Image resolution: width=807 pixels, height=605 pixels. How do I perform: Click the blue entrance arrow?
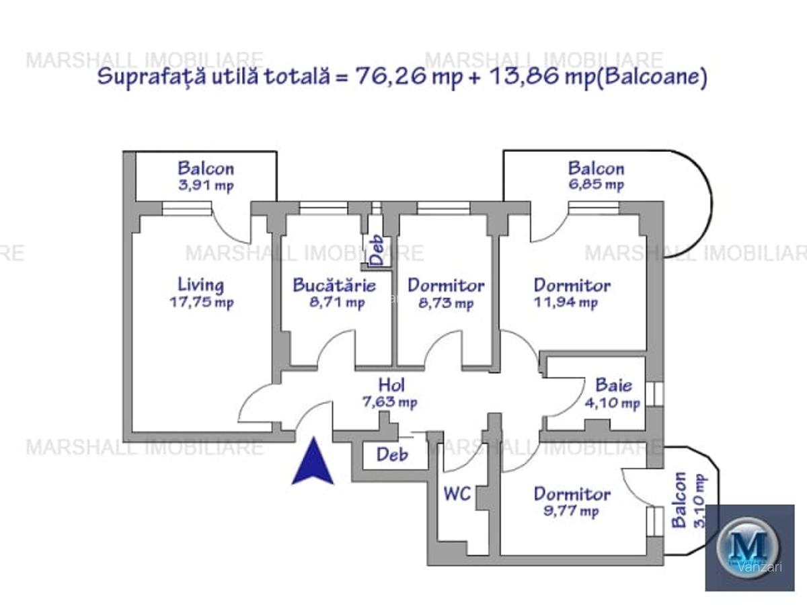coord(313,462)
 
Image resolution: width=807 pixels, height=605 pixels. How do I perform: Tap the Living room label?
coord(201,285)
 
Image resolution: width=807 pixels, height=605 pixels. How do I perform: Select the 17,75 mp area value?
coord(201,302)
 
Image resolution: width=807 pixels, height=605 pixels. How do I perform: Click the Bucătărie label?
coord(334,285)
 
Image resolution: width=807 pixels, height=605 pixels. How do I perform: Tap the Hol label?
coord(391,385)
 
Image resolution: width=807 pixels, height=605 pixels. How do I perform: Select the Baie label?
coord(613,385)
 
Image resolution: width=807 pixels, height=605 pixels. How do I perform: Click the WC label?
coord(456,494)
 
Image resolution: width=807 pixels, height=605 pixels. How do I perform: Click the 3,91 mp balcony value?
coord(206,186)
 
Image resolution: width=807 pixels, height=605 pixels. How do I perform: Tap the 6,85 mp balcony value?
coord(596,185)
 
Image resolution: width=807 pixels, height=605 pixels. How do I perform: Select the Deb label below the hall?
coord(392,454)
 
